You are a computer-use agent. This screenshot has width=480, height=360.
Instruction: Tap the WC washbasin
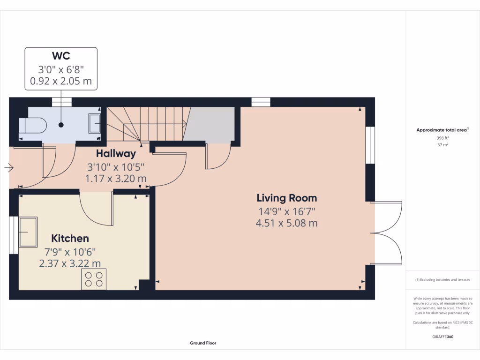[94, 124]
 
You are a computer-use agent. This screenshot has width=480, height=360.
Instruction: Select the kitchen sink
[28, 231]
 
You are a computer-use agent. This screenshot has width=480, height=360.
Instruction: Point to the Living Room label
[286, 198]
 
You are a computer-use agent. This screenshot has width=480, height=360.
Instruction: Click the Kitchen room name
[70, 238]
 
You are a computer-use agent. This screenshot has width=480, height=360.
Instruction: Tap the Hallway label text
[116, 153]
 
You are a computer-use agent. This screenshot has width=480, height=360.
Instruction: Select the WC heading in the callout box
[61, 56]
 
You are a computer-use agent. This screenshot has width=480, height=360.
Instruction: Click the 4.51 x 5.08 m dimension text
[286, 223]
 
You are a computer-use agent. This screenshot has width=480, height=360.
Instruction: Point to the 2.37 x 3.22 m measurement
[70, 263]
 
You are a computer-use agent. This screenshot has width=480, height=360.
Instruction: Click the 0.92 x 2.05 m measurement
[61, 81]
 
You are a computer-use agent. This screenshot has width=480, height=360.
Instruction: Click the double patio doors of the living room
[387, 232]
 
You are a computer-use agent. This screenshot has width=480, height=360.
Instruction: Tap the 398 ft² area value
[442, 138]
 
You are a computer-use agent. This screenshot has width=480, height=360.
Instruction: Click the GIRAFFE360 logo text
[442, 337]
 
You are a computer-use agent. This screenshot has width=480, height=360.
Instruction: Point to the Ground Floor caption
[203, 343]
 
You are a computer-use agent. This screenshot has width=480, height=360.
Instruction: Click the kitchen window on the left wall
[13, 235]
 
